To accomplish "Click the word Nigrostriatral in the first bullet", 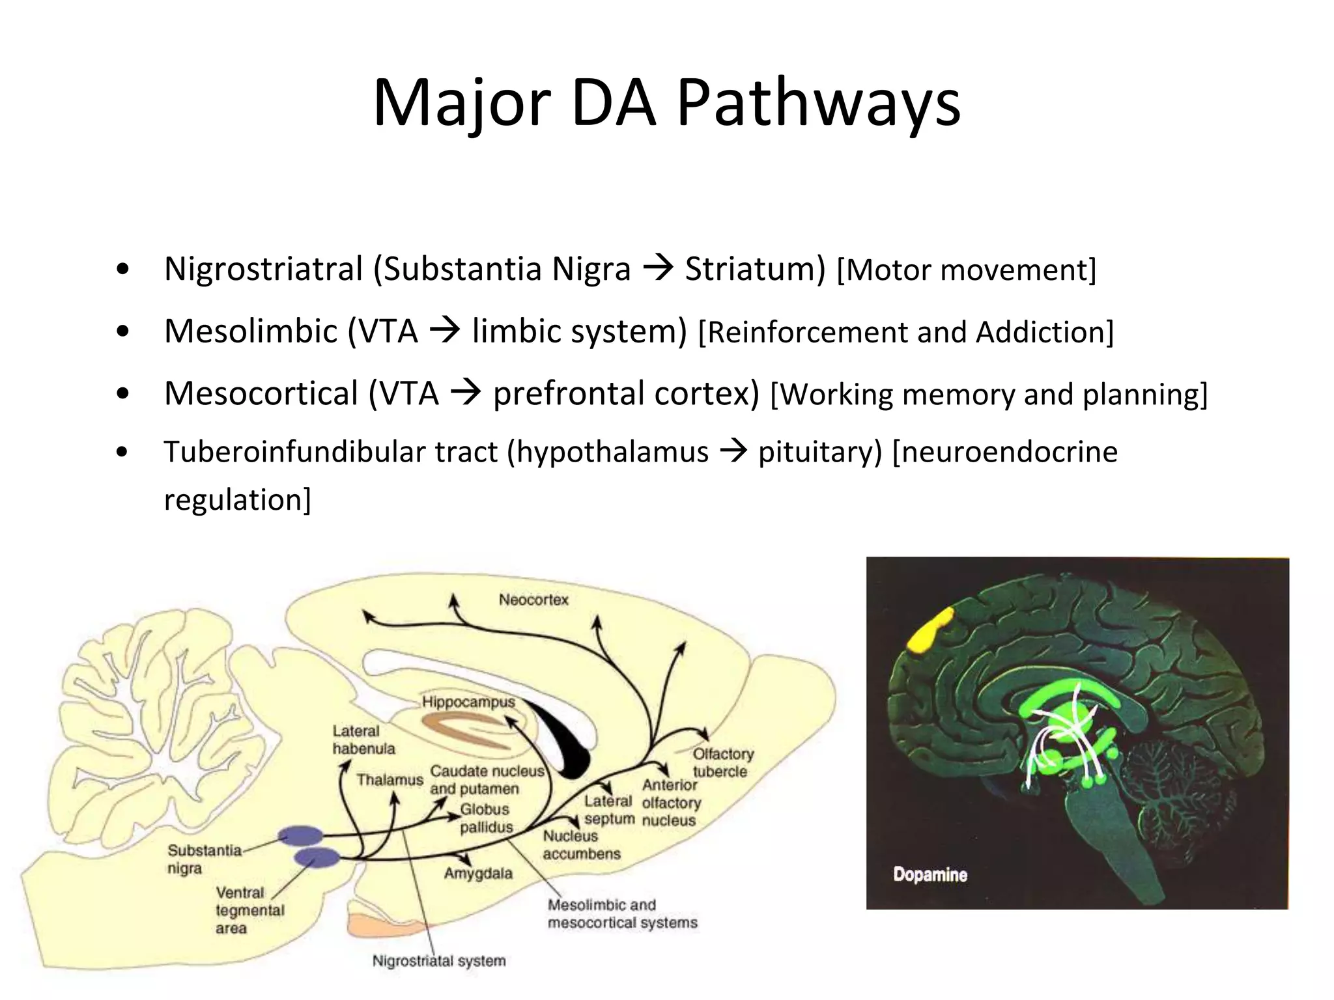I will [263, 270].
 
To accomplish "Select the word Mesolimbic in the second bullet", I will [251, 331].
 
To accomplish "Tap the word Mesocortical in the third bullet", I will [261, 394].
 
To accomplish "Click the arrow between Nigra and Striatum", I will [658, 268].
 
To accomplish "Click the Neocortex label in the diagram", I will [533, 600].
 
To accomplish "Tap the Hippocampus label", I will [468, 702].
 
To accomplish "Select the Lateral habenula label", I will [363, 740].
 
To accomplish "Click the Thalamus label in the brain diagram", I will [390, 779].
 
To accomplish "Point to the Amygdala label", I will [478, 873].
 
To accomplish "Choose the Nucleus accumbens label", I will [581, 844].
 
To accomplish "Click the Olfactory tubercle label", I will [722, 762].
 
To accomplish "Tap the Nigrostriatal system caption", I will [438, 961].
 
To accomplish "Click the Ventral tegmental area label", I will [249, 910].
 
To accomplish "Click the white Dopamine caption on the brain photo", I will [930, 874].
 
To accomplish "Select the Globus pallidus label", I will [486, 818].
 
